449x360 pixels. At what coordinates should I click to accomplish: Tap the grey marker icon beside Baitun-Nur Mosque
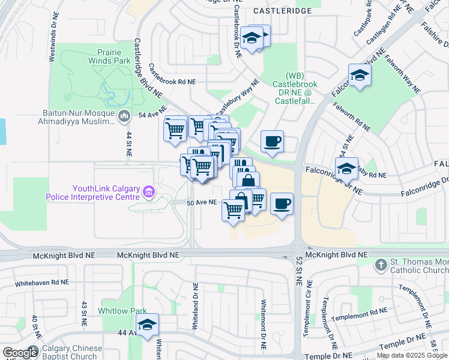(x=124, y=116)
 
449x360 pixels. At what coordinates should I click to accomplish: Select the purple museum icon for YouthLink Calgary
(x=148, y=193)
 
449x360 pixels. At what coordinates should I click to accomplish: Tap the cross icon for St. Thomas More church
(x=381, y=265)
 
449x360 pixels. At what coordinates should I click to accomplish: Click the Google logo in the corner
(x=20, y=353)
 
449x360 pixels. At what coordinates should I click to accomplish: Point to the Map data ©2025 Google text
(x=411, y=355)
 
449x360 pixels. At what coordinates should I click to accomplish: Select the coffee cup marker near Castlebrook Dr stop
(x=272, y=142)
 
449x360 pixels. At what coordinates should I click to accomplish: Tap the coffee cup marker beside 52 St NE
(x=282, y=204)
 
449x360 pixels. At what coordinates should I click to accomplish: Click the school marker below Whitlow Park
(x=147, y=325)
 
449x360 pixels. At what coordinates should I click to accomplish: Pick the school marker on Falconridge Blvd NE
(x=360, y=75)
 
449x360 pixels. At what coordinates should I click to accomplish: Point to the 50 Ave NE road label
(x=201, y=203)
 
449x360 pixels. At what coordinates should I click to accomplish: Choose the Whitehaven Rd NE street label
(x=42, y=282)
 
